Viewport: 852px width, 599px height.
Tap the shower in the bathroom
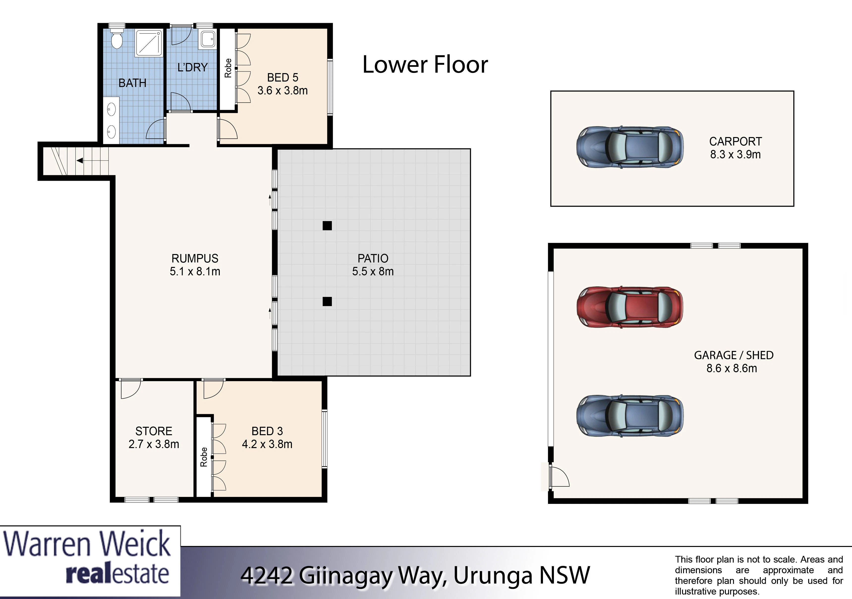coord(149,43)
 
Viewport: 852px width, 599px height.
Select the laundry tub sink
coord(208,39)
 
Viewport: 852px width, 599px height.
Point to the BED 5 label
coord(283,78)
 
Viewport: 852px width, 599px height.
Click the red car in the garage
coord(630,307)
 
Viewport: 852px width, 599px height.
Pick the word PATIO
coord(373,258)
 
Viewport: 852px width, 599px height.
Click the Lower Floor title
coord(425,65)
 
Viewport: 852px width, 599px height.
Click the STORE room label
coord(154,431)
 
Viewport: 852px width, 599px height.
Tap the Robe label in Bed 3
coord(203,457)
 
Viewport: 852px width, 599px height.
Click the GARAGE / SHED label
coord(734,355)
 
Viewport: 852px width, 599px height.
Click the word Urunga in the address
coord(493,576)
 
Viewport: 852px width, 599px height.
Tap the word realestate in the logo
coord(117,574)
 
